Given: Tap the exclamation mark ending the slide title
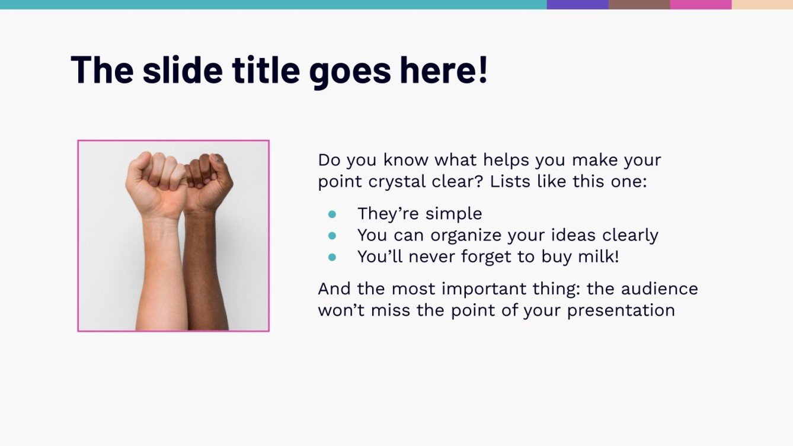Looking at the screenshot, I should [482, 69].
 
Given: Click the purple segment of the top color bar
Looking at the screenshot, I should [577, 4].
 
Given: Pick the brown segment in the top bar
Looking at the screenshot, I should [639, 4].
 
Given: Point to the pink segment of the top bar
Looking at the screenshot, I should [701, 4].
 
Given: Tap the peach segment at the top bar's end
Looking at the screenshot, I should [762, 4].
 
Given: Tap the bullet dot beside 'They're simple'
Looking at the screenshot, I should [332, 214].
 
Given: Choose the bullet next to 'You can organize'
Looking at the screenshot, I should [332, 236].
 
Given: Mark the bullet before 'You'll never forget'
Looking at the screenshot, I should [332, 257].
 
